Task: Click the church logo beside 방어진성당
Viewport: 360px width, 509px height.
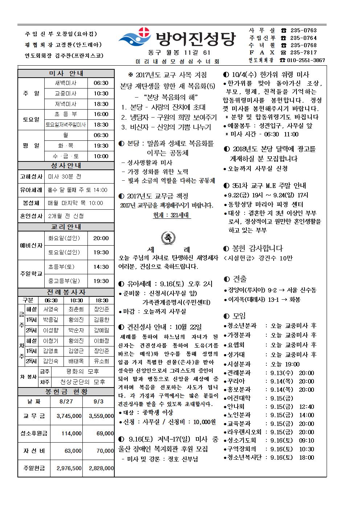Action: pyautogui.click(x=136, y=38)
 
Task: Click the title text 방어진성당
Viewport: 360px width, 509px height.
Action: pyautogui.click(x=195, y=39)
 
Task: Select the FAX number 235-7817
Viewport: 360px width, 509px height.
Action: pyautogui.click(x=304, y=53)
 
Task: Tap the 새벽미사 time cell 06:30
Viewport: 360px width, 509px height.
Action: pyautogui.click(x=101, y=83)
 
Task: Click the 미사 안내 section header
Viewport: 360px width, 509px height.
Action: pyautogui.click(x=66, y=73)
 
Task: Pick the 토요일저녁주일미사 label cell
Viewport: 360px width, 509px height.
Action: pyautogui.click(x=66, y=125)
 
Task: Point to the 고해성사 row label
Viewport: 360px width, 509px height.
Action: pyautogui.click(x=31, y=177)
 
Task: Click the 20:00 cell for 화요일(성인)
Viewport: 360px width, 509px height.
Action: pyautogui.click(x=101, y=238)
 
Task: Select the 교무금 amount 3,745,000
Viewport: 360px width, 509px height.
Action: pyautogui.click(x=69, y=416)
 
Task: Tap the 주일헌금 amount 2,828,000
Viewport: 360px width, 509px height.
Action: pyautogui.click(x=101, y=468)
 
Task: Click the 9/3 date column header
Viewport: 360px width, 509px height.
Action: pyautogui.click(x=99, y=402)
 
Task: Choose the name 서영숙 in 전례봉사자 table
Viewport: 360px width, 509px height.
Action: pyautogui.click(x=50, y=309)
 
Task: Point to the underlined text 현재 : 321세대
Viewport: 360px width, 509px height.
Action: pyautogui.click(x=172, y=215)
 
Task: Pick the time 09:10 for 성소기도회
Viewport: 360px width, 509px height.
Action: pyautogui.click(x=307, y=440)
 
